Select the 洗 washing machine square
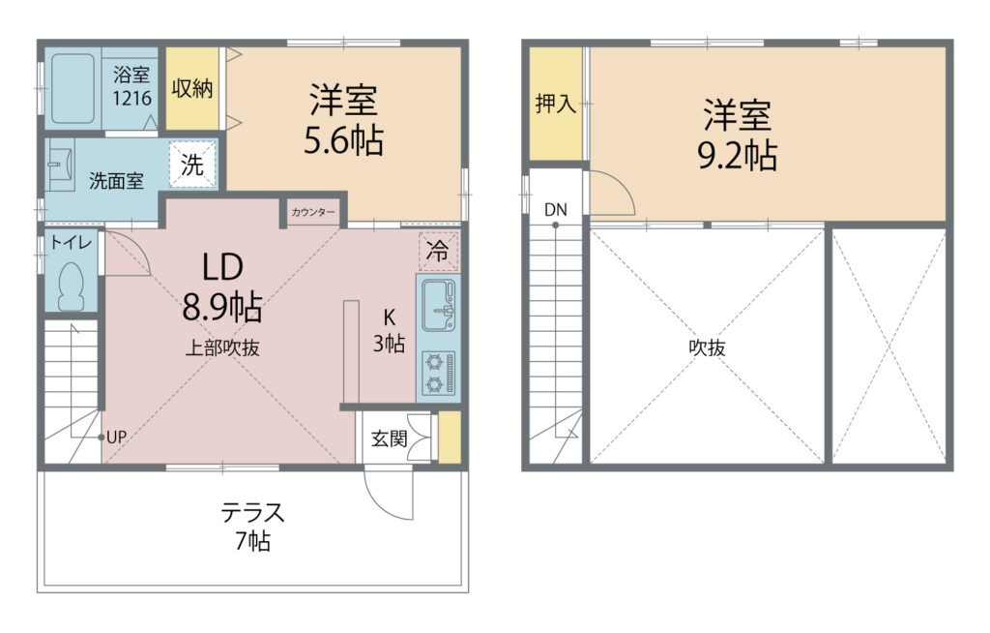[x=192, y=165]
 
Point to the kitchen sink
[x=438, y=306]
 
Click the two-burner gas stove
[x=438, y=373]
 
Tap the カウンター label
[x=313, y=213]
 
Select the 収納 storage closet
[x=192, y=88]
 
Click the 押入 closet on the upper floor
[x=555, y=104]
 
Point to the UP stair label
[x=116, y=437]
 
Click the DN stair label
[x=556, y=209]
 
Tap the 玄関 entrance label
[x=389, y=438]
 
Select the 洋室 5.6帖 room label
[x=343, y=119]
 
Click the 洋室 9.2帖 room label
[x=737, y=135]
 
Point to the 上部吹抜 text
[x=222, y=347]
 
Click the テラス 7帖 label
[x=252, y=527]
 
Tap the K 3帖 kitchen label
[x=389, y=331]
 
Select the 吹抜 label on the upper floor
[x=707, y=347]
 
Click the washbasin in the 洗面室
[x=61, y=165]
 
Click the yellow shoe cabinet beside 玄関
[x=450, y=437]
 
